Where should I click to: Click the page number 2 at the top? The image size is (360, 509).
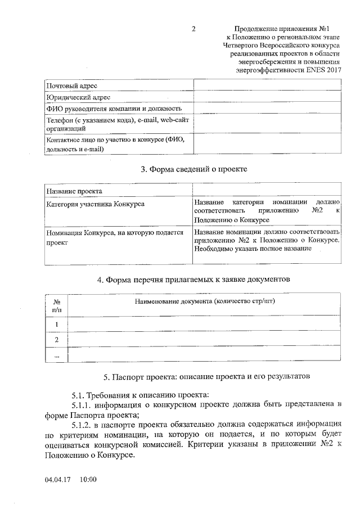(193, 29)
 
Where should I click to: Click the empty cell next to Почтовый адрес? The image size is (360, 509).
(267, 85)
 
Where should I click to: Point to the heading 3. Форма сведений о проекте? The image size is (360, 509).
(193, 169)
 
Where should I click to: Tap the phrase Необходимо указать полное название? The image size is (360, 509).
(253, 248)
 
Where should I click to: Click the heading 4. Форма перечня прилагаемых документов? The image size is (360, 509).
(193, 280)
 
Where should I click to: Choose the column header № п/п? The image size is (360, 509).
(56, 305)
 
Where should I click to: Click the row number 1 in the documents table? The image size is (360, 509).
(56, 325)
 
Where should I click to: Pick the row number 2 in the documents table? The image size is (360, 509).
(56, 340)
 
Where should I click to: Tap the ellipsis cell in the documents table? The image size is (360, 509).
(56, 355)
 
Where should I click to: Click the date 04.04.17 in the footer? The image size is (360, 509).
(55, 480)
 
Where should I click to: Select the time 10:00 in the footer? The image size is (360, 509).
(88, 480)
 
